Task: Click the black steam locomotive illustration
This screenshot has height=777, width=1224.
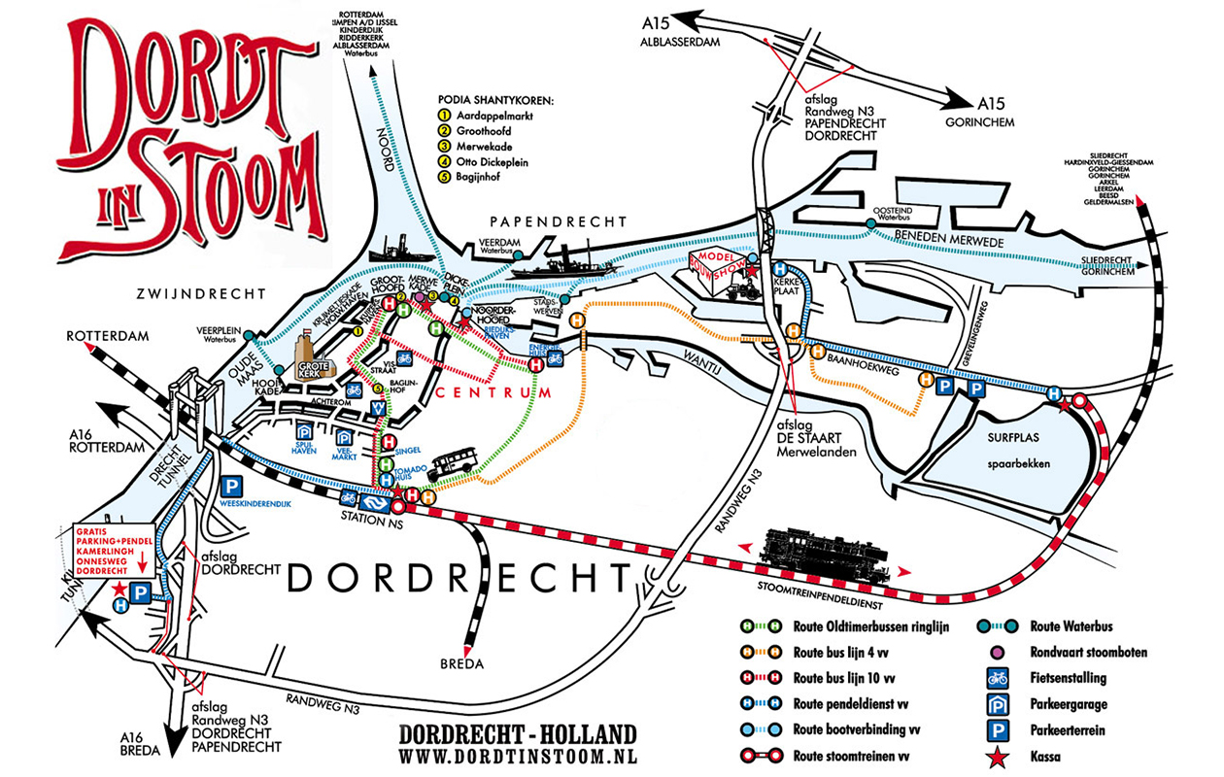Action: [x=826, y=556]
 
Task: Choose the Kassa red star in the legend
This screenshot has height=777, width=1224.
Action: [x=997, y=754]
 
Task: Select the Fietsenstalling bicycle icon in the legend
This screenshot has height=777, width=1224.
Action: [x=997, y=677]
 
